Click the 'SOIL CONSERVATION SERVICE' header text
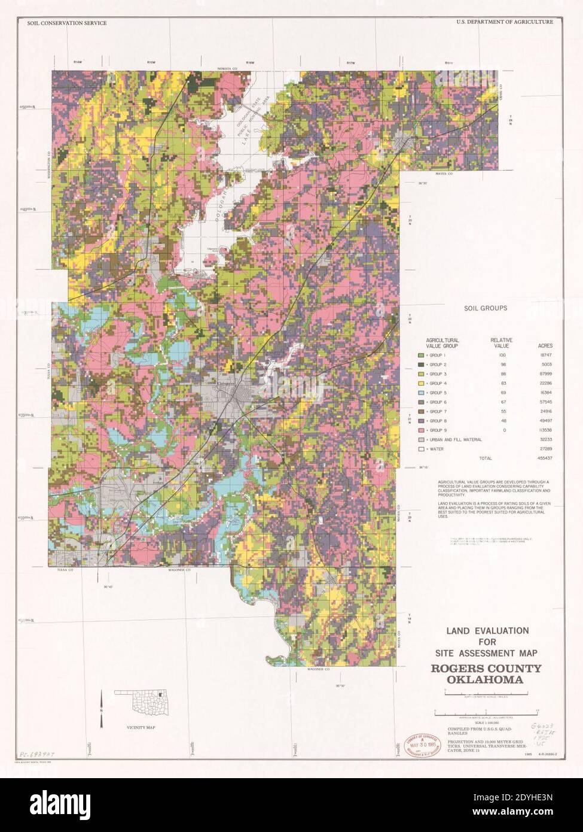(63, 22)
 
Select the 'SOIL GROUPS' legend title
(486, 308)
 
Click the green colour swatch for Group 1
(421, 356)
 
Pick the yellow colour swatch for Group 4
(421, 384)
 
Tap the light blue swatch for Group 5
(421, 393)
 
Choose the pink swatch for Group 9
(421, 430)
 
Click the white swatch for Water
(421, 449)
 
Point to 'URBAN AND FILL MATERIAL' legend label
(456, 439)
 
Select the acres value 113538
(545, 430)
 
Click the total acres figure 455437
(545, 458)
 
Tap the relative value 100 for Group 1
(502, 356)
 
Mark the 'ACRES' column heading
(545, 346)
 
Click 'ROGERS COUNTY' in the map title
(486, 669)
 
